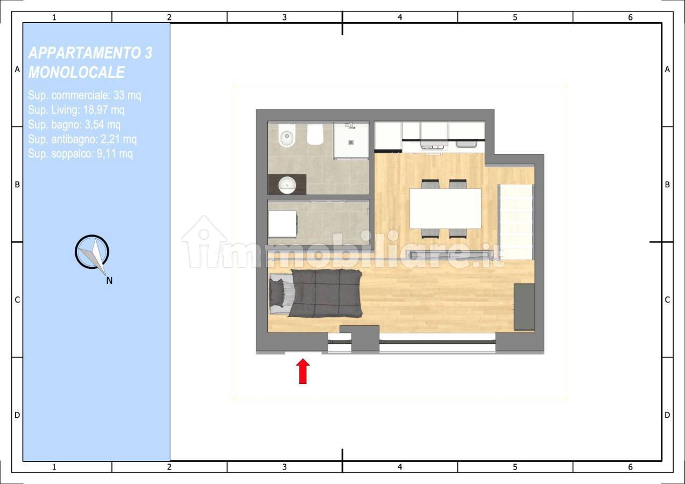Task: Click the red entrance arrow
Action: pyautogui.click(x=303, y=371)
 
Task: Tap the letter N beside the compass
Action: pyautogui.click(x=109, y=281)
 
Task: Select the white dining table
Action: pyautogui.click(x=445, y=209)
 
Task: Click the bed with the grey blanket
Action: pyautogui.click(x=315, y=293)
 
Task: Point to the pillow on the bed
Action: pyautogui.click(x=277, y=293)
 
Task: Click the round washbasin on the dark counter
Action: pyautogui.click(x=287, y=185)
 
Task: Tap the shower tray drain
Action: pyautogui.click(x=351, y=142)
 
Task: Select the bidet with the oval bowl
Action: pyautogui.click(x=287, y=136)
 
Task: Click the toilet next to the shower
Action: pyautogui.click(x=315, y=134)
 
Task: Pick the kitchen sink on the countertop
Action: pyautogui.click(x=466, y=144)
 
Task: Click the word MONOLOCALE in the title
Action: pyautogui.click(x=76, y=73)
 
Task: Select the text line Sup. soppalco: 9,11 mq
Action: pyautogui.click(x=80, y=153)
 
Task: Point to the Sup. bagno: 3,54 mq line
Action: pyautogui.click(x=74, y=124)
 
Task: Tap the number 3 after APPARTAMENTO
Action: pyautogui.click(x=148, y=53)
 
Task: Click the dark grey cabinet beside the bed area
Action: pyautogui.click(x=524, y=307)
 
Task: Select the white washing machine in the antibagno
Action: pyautogui.click(x=283, y=223)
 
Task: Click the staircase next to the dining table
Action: pyautogui.click(x=516, y=222)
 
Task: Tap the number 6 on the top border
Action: pyautogui.click(x=630, y=17)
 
